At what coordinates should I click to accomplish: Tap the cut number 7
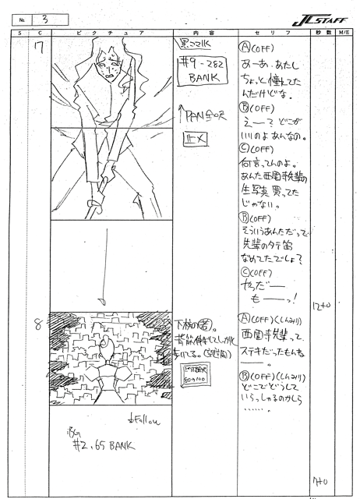(38, 50)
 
